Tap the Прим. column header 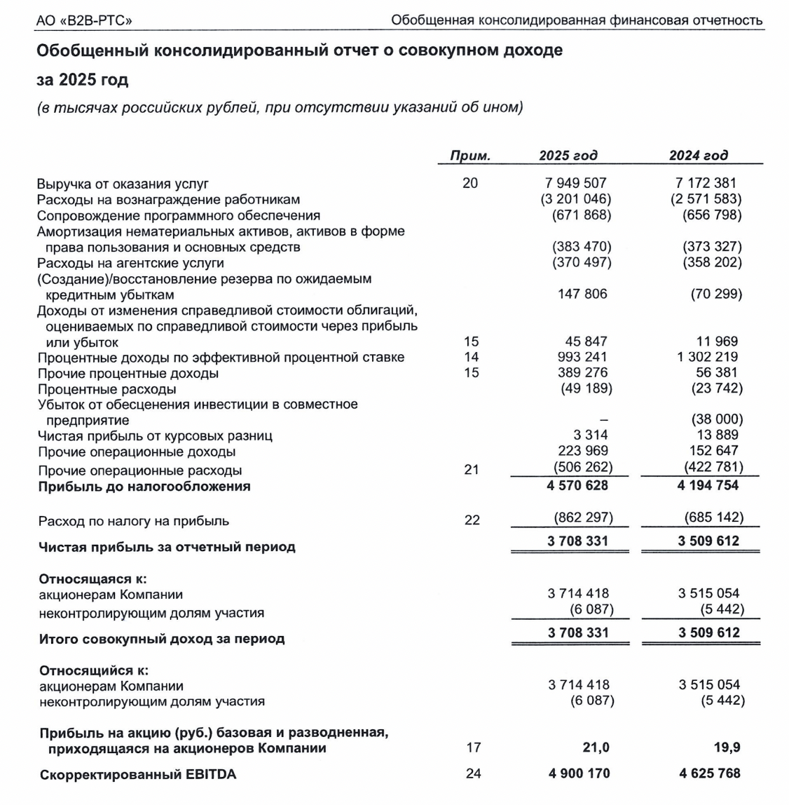pos(469,156)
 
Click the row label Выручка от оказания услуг pos(123,184)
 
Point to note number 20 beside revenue pos(470,184)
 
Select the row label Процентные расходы pos(107,389)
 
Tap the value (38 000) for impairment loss pos(716,420)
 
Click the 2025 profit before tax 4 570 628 pos(577,485)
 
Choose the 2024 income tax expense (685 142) pos(713,517)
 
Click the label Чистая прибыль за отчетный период pos(167,547)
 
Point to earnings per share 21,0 pos(596,747)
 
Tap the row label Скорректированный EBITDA pos(138,775)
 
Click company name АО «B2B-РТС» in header pos(83,20)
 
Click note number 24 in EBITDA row pos(473,773)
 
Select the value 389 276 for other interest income pos(582,373)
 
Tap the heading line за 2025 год pos(82,80)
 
